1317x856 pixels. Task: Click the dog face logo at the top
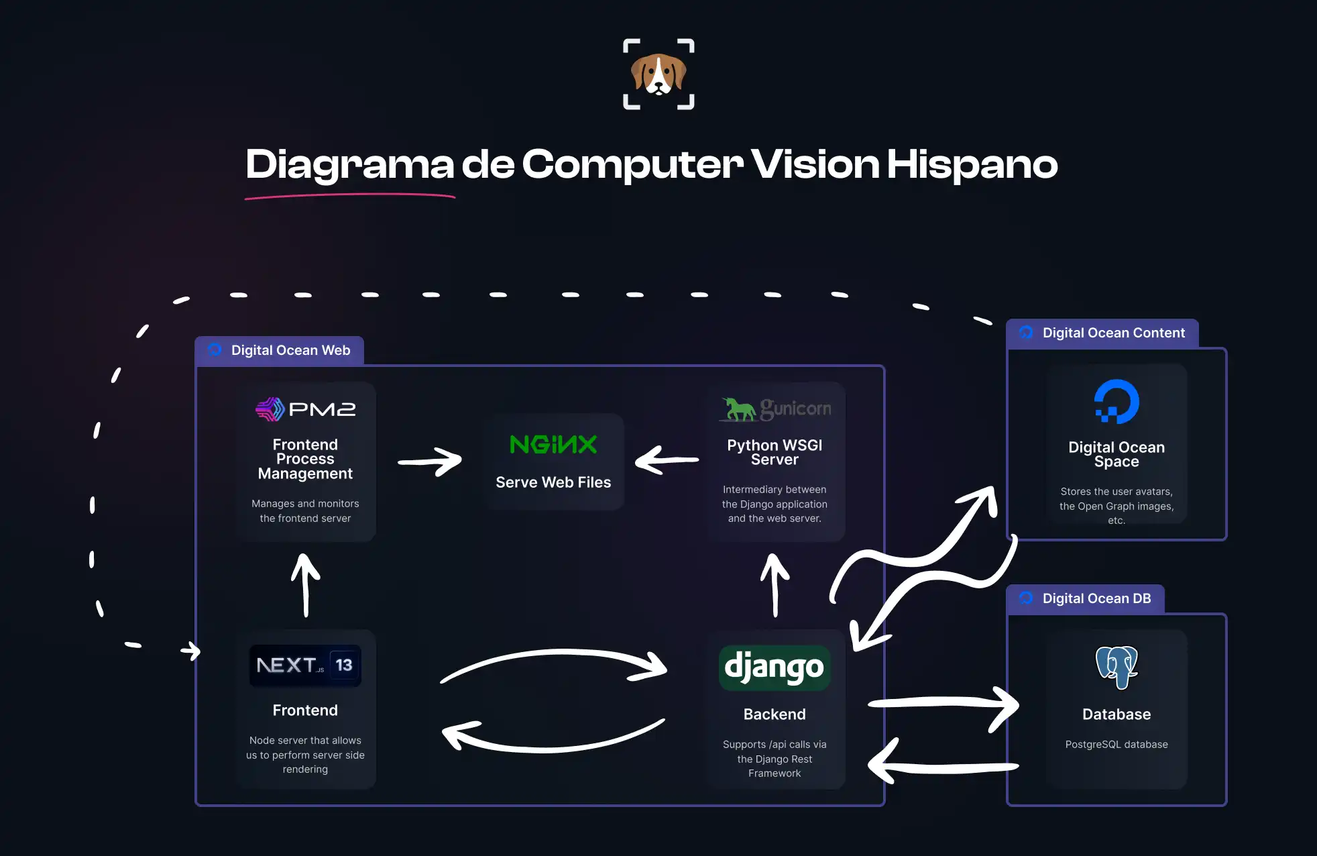(x=658, y=74)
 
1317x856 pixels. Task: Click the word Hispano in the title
(x=972, y=164)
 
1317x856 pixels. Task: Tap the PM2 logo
(x=305, y=409)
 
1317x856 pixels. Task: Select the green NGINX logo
(x=553, y=444)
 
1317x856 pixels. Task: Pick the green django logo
(x=775, y=667)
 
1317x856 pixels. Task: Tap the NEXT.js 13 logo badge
(x=305, y=665)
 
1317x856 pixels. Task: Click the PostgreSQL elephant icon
(x=1116, y=667)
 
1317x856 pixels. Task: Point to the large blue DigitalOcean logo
(x=1116, y=402)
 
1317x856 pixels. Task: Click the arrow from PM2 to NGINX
(x=430, y=462)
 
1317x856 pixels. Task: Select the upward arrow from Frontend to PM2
(x=306, y=584)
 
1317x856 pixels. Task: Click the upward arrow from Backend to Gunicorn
(x=775, y=584)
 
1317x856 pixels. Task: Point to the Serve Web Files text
(x=553, y=482)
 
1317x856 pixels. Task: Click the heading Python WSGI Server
(x=775, y=453)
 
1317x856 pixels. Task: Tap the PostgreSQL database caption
(x=1116, y=745)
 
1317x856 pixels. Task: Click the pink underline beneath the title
(x=350, y=196)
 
